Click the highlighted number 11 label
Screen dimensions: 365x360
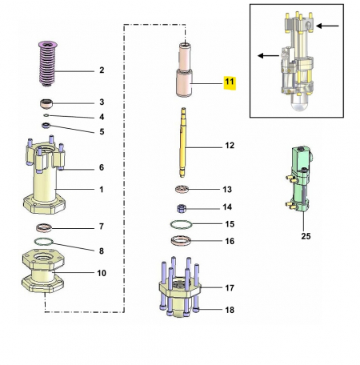click(x=229, y=82)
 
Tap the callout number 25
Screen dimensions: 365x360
click(x=304, y=236)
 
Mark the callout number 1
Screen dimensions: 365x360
click(x=102, y=190)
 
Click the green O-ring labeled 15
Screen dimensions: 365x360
click(x=183, y=224)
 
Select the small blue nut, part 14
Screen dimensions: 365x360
click(x=182, y=207)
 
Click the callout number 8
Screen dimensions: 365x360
click(x=102, y=251)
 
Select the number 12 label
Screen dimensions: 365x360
click(x=229, y=146)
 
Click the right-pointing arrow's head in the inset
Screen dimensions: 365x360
click(x=317, y=26)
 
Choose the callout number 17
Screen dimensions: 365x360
click(x=229, y=287)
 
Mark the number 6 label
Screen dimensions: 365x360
click(x=102, y=167)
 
